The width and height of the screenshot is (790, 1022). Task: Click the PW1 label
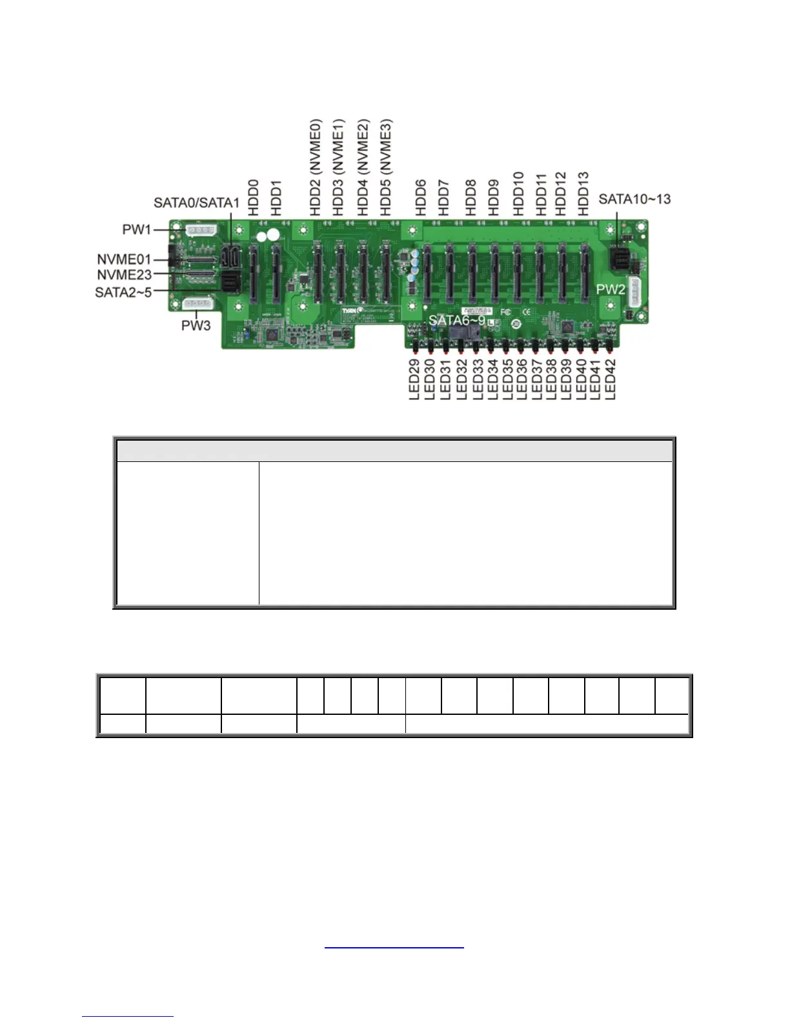pos(137,229)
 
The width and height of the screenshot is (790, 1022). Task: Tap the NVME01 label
pos(124,259)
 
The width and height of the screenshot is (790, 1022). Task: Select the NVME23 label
pos(124,275)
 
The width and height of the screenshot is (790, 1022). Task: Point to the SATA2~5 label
pos(123,292)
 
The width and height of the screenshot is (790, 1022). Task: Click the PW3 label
pos(196,326)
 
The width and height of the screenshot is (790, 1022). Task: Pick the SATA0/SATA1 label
pos(196,203)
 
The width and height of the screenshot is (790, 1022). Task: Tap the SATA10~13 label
pos(634,199)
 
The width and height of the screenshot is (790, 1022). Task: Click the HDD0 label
pos(254,197)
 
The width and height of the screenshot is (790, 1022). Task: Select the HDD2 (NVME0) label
pos(316,167)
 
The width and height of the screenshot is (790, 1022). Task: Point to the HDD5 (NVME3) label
pos(386,167)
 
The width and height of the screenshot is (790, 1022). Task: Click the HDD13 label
pos(583,194)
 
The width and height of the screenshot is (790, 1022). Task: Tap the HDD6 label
pos(421,197)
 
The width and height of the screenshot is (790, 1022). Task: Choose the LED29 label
pos(415,379)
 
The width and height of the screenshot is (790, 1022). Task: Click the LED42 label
pos(611,379)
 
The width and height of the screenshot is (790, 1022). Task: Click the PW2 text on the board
pos(611,289)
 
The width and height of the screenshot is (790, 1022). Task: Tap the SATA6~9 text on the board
pos(457,319)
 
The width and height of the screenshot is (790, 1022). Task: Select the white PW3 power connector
pos(198,303)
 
